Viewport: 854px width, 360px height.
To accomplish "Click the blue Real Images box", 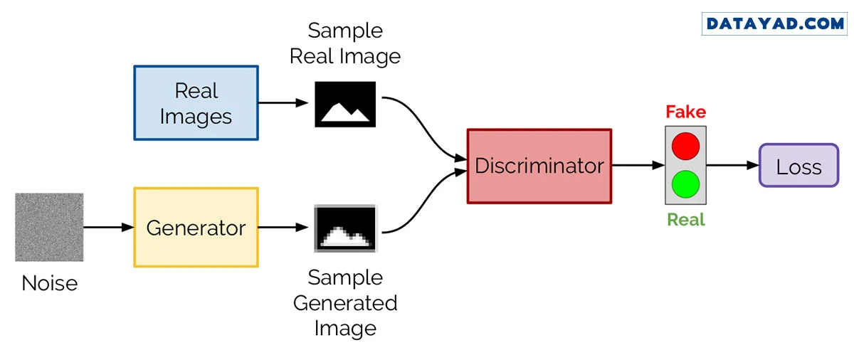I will click(x=196, y=103).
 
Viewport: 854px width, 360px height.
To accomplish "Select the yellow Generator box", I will click(x=196, y=228).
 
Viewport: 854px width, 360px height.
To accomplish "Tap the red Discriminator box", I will click(x=539, y=166).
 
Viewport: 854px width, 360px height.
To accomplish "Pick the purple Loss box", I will click(x=798, y=166).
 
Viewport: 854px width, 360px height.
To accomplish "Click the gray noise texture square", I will click(x=49, y=228).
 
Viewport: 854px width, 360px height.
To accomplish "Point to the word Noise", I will click(x=49, y=283).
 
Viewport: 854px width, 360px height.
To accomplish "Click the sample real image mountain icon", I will click(x=345, y=104).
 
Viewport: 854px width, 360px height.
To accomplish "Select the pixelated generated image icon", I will click(x=345, y=228).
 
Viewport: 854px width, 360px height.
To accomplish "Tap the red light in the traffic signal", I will click(x=685, y=147).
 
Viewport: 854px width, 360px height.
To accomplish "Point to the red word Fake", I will click(x=685, y=112).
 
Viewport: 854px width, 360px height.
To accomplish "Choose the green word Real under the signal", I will click(x=685, y=220).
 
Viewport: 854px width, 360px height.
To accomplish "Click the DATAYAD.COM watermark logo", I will click(x=775, y=23).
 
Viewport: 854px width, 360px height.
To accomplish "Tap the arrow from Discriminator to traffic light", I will click(x=637, y=166).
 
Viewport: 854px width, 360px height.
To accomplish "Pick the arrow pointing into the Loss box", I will click(x=732, y=166).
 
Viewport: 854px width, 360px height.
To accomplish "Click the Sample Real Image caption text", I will click(x=345, y=43).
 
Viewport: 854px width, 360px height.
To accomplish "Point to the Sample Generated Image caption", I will click(x=345, y=302).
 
